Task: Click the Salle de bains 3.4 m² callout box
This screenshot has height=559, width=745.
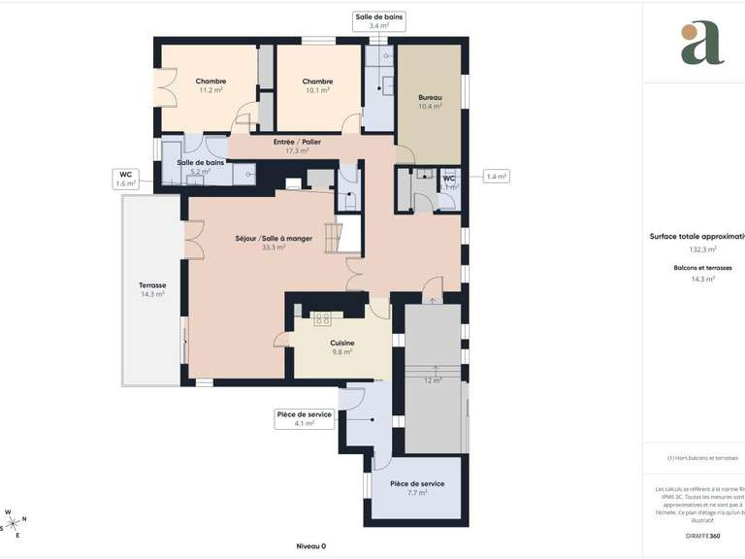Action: [x=379, y=21]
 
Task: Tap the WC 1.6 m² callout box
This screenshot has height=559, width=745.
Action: [x=126, y=179]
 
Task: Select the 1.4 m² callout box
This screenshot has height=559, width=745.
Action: [x=496, y=177]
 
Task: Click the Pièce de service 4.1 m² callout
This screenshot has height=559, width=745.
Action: [x=305, y=418]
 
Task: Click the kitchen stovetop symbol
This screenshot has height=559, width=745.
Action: [x=322, y=318]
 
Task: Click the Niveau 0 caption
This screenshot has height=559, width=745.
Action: [x=310, y=545]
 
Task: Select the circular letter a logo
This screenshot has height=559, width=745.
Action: [x=701, y=42]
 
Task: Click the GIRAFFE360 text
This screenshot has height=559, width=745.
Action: [x=702, y=537]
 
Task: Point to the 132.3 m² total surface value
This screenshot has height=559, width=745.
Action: [x=703, y=249]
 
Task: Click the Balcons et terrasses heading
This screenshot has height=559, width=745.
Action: [x=703, y=267]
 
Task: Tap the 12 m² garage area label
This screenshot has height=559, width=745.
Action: [x=433, y=379]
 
